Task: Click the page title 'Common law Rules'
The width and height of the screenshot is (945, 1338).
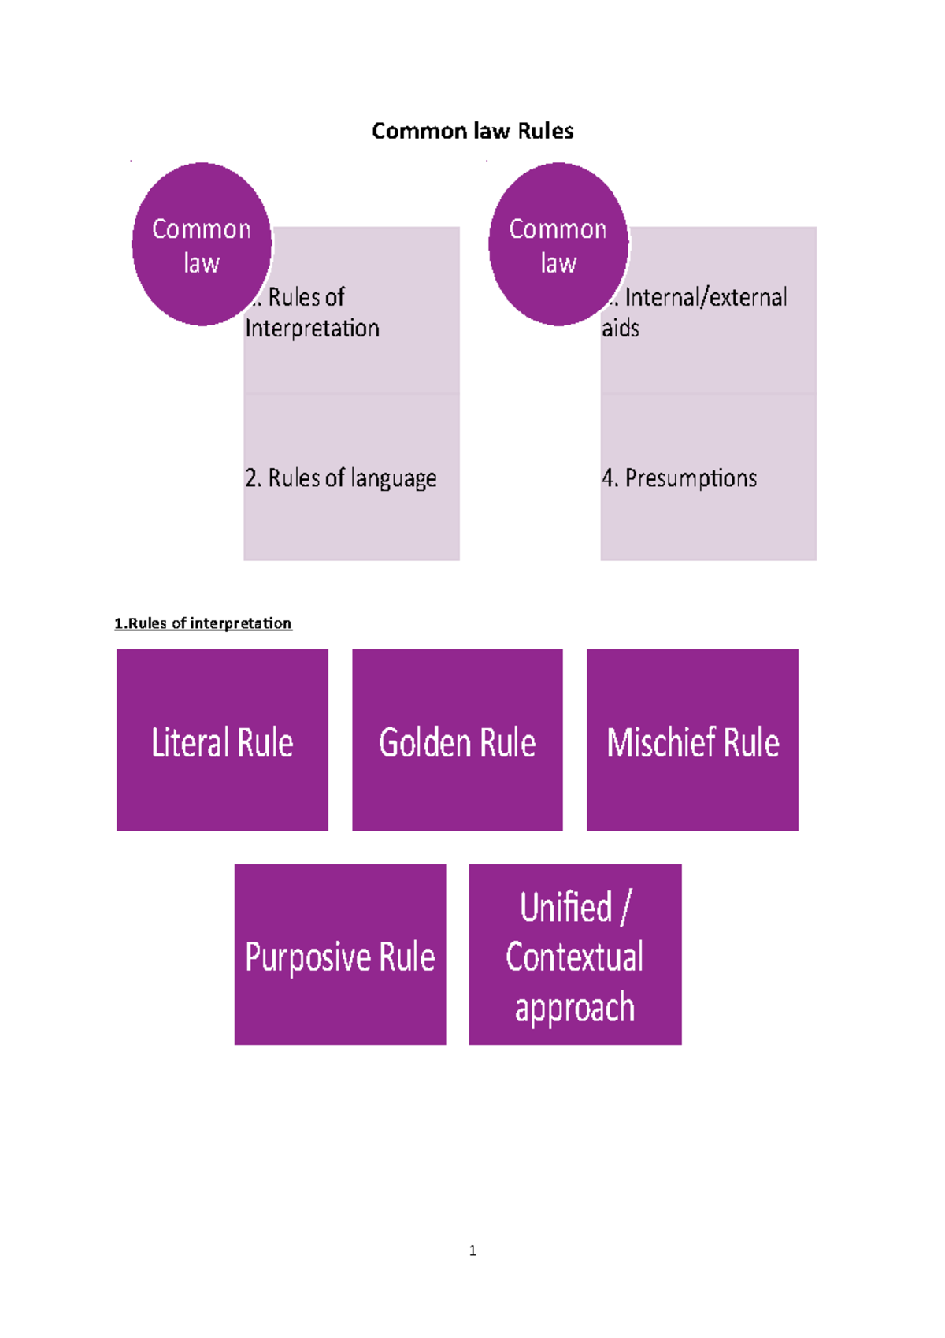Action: (472, 131)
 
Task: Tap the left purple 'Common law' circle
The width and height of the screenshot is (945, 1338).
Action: (202, 244)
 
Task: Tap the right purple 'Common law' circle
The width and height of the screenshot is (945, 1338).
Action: (558, 244)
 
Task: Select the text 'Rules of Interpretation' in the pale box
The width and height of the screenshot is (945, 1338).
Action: (313, 313)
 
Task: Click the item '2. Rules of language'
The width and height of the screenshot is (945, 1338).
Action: (340, 478)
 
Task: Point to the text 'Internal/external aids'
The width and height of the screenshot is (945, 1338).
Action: (697, 313)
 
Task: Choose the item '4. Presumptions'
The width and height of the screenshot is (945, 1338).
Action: (679, 478)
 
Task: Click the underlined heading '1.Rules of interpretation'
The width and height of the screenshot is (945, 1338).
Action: (203, 623)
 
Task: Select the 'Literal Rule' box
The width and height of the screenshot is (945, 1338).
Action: (222, 740)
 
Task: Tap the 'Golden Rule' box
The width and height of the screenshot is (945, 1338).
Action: (458, 740)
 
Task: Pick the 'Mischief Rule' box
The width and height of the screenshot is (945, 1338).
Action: (692, 740)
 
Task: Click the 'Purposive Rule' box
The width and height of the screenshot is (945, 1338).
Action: (340, 955)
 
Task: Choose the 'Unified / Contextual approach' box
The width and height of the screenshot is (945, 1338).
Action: (575, 955)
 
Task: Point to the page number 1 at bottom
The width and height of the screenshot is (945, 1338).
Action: (472, 1251)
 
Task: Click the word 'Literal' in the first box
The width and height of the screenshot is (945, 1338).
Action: (190, 743)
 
